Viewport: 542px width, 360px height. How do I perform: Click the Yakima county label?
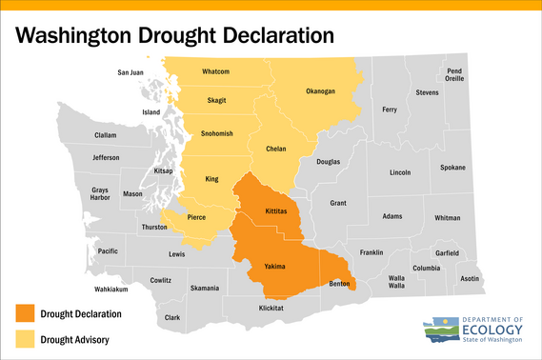[275, 268]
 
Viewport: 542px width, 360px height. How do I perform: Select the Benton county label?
[339, 284]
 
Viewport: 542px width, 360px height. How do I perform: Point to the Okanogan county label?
[321, 91]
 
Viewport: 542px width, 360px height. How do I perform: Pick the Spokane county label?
[452, 168]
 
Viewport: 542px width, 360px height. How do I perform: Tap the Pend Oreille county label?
[454, 75]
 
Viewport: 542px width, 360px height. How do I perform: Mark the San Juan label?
[130, 72]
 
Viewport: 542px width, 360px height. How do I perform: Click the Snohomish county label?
[217, 134]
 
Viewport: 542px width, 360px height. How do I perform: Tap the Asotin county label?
[470, 279]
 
